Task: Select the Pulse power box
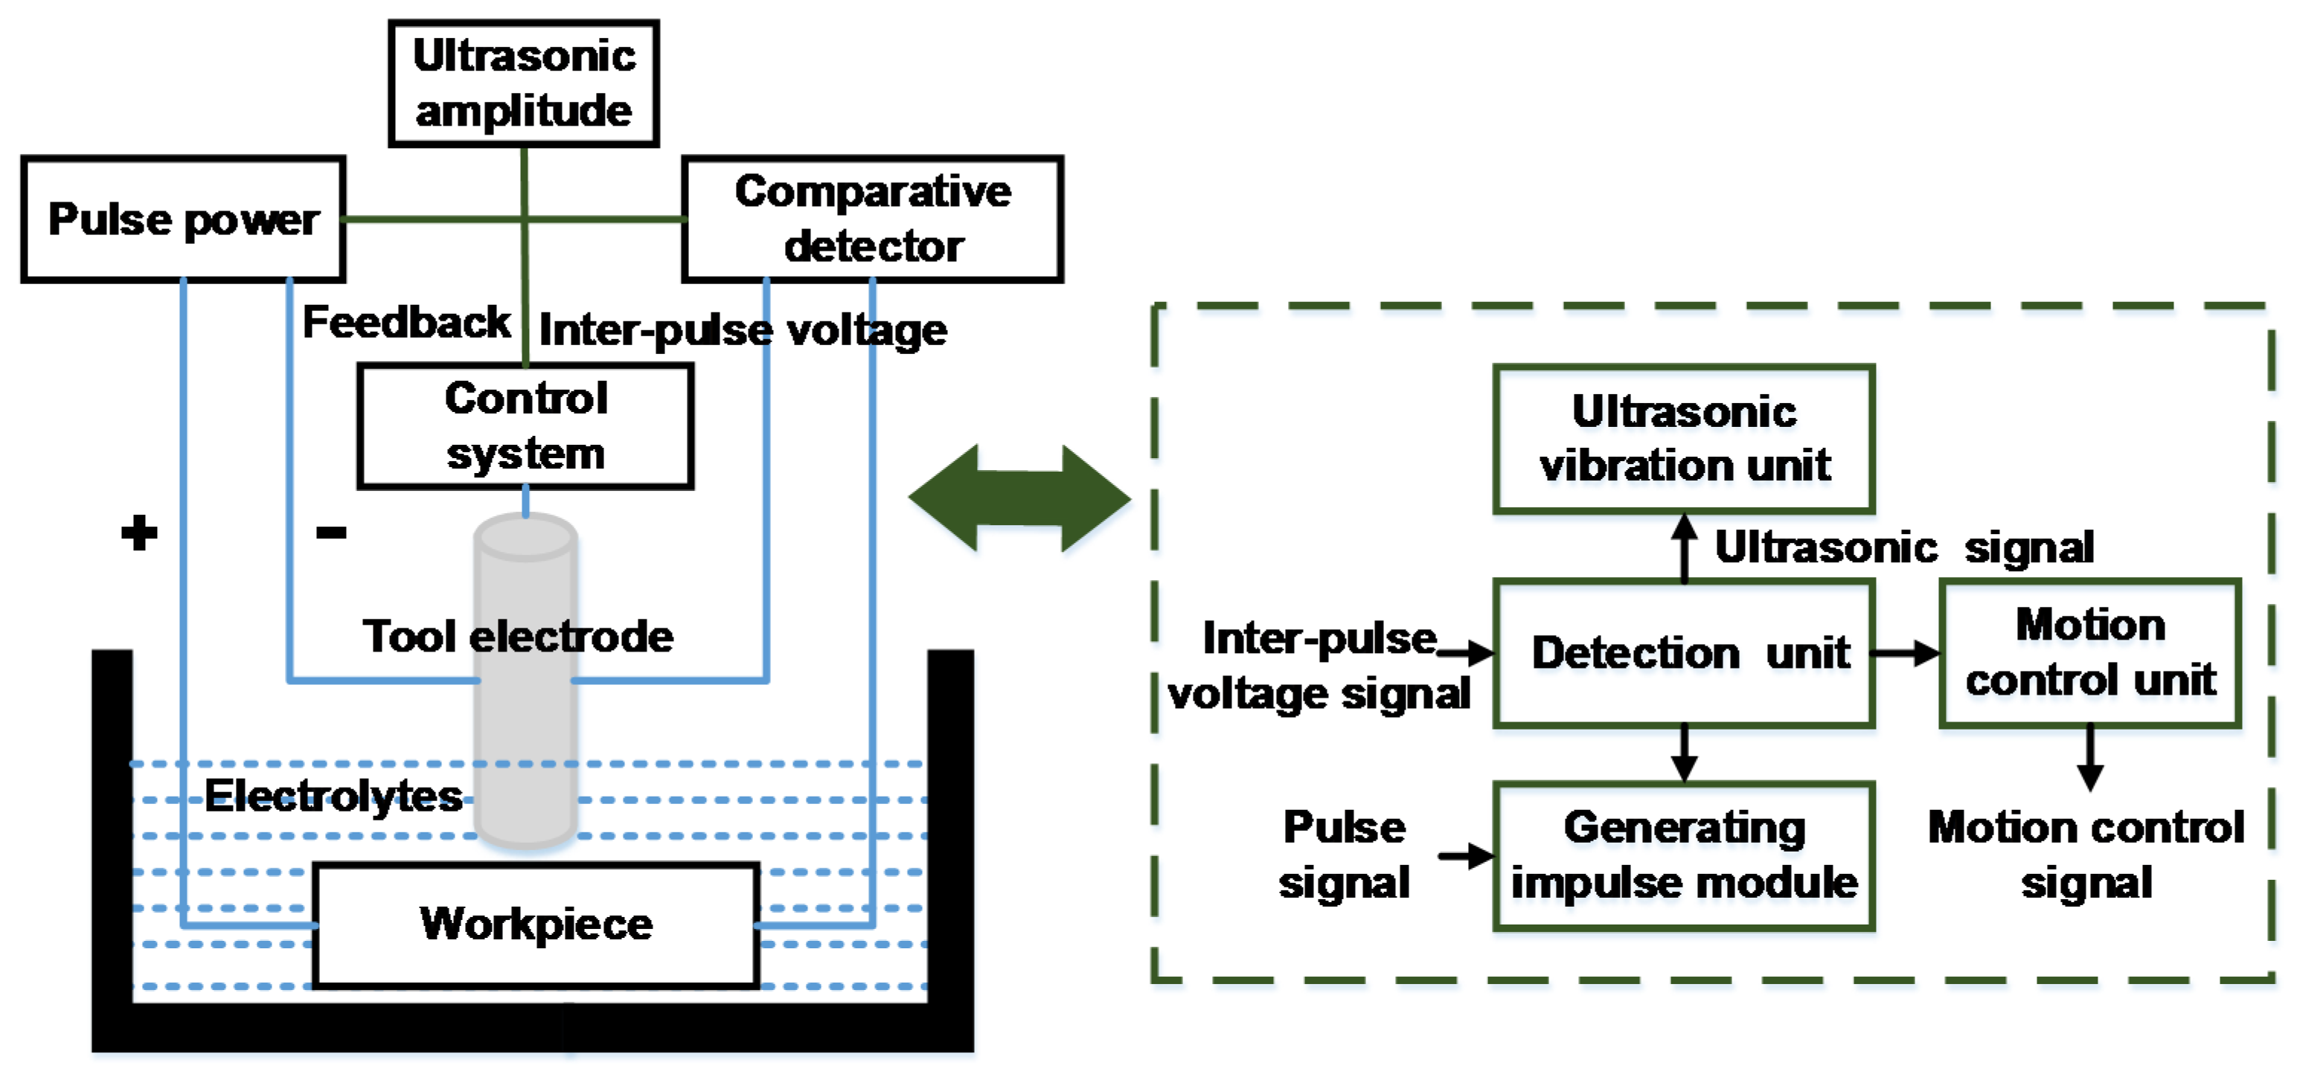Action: pos(183,219)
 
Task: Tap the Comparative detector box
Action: pos(872,219)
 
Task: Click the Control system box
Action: pos(525,426)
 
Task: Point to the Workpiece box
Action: pos(536,925)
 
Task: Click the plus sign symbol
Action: pos(139,533)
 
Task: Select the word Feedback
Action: pos(406,323)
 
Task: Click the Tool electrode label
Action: pos(517,637)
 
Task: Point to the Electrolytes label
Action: pos(333,795)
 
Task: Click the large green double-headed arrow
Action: pos(1019,498)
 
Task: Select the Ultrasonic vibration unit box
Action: pos(1684,439)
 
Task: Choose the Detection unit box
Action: pos(1684,653)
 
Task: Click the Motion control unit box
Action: pos(2089,653)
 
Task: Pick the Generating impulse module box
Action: pos(1684,855)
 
